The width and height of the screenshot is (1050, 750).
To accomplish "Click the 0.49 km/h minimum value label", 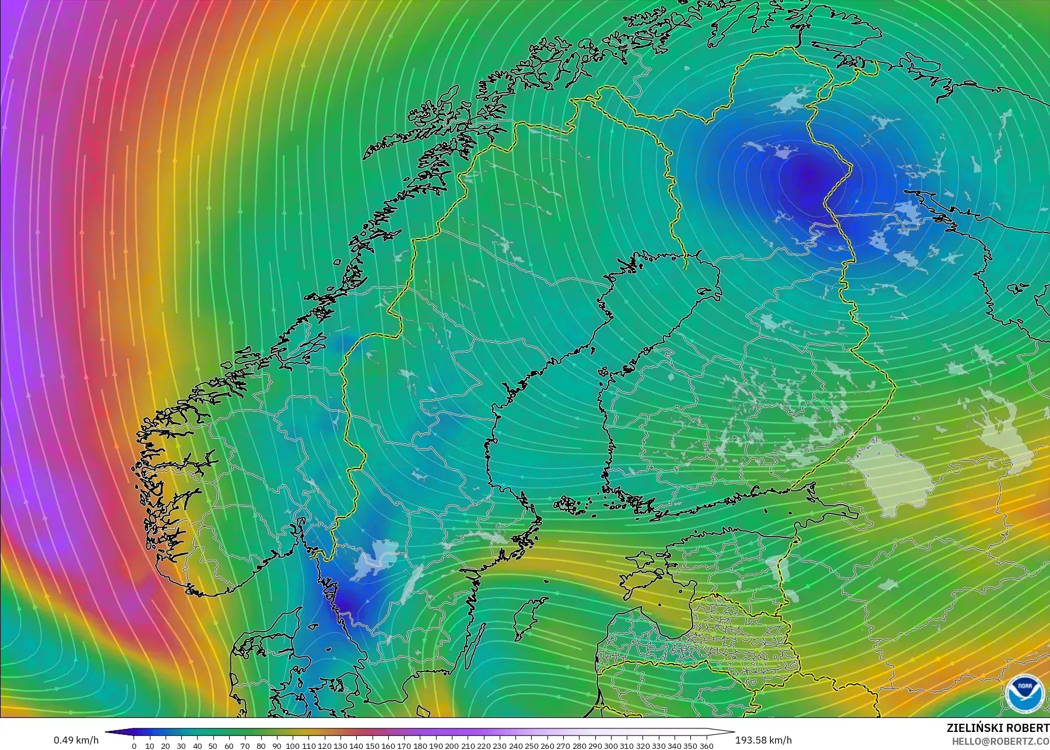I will point(76,740).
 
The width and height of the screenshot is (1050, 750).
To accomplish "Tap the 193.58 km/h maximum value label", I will point(763,740).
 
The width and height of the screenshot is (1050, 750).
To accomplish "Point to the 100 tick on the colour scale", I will point(293,746).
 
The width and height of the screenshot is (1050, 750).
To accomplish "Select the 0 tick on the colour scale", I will point(134,746).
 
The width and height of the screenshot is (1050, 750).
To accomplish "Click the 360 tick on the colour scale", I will point(707,746).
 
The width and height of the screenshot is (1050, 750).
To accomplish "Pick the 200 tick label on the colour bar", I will point(452,746).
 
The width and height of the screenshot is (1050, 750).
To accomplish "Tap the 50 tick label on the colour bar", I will point(213,746).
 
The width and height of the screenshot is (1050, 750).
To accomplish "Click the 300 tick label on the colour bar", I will point(611,746).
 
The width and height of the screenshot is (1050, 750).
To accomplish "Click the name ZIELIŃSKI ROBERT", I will point(998,728).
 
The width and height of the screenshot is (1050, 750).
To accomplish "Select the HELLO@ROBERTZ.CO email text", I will point(1000,741).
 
